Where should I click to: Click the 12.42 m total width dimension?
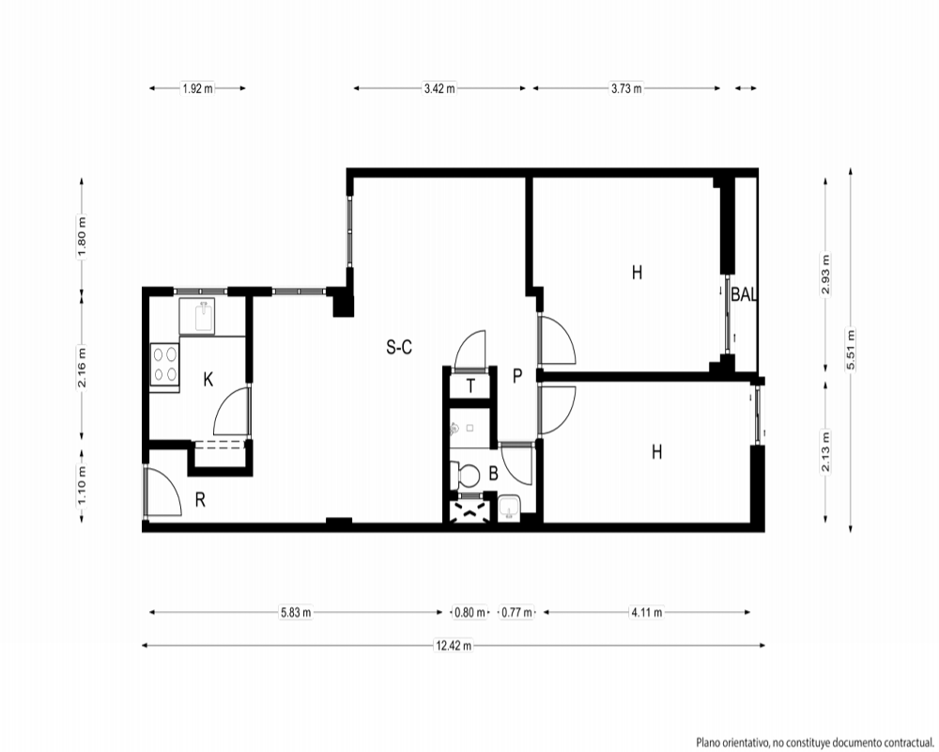click(x=454, y=645)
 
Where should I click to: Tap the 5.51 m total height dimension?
click(x=851, y=350)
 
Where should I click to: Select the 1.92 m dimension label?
click(x=197, y=88)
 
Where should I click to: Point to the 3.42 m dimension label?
click(x=439, y=88)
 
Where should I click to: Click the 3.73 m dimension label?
click(x=626, y=88)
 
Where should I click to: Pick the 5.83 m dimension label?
click(x=296, y=612)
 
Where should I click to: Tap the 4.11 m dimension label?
click(x=647, y=612)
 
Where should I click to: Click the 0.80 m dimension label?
click(x=469, y=612)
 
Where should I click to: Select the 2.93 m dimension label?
click(x=825, y=274)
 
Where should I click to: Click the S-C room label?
click(x=399, y=347)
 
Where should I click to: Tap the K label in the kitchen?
click(x=208, y=379)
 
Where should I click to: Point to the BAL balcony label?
click(x=743, y=294)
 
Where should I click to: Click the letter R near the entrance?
click(x=201, y=499)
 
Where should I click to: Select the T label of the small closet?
click(x=470, y=386)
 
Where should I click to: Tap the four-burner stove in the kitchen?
click(x=164, y=367)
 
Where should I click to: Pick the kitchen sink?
click(x=205, y=316)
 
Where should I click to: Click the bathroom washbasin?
click(x=510, y=509)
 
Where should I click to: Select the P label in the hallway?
click(x=517, y=376)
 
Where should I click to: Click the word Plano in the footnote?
click(x=707, y=743)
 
